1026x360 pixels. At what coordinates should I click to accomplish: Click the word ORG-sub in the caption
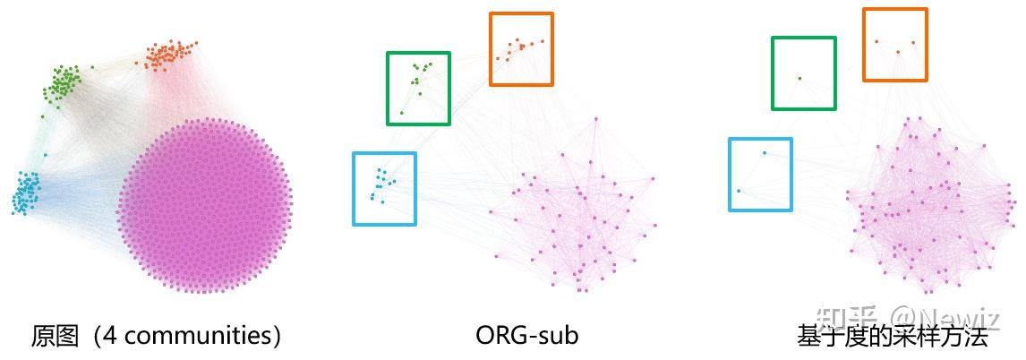pos(527,336)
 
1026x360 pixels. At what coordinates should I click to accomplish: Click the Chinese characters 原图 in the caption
pos(50,336)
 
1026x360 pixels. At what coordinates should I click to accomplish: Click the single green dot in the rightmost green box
pos(799,78)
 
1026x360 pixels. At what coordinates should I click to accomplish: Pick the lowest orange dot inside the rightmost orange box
pos(897,52)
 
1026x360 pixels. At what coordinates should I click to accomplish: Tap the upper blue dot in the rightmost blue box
pos(764,153)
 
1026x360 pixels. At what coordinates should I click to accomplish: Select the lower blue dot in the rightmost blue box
pos(739,191)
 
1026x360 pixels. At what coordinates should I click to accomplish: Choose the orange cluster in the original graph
pos(168,56)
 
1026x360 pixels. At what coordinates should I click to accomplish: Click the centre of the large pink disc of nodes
pos(204,204)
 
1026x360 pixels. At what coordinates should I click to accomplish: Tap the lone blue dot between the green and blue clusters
pos(45,154)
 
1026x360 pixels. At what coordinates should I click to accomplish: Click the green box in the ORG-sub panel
pos(418,88)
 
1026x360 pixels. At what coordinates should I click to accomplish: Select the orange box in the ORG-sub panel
pos(521,48)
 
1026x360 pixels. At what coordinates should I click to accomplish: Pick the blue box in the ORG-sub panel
pos(384,188)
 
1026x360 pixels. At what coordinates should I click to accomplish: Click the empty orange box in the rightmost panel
pos(894,45)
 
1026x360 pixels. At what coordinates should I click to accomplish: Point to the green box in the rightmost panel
pos(804,73)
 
